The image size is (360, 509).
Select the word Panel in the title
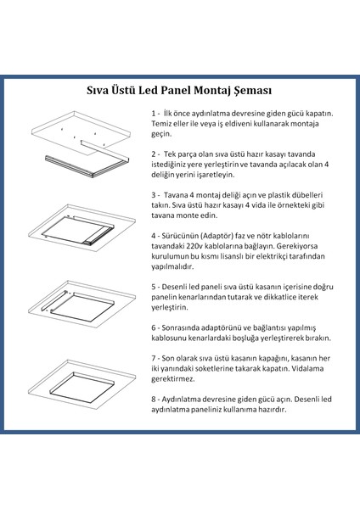178,89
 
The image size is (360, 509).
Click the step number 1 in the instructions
154,113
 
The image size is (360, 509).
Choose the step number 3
154,218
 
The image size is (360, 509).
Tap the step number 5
154,310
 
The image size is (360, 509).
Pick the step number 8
154,421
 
